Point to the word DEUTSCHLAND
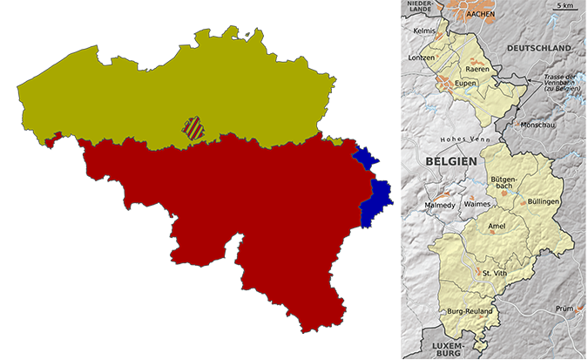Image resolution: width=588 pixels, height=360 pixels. click(540, 47)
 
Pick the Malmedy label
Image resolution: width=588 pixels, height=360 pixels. click(439, 205)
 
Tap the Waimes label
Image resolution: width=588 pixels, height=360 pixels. click(477, 203)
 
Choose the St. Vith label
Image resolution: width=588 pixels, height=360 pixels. click(493, 273)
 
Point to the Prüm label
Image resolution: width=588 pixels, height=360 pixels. click(564, 309)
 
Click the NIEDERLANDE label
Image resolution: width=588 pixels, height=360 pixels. click(422, 5)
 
